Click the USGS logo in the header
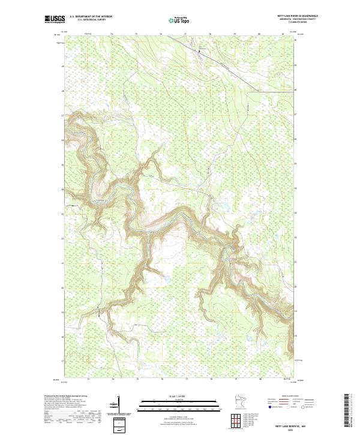click(55, 19)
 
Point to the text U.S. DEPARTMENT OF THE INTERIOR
click(91, 16)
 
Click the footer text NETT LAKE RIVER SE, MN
click(290, 424)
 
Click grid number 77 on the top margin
click(186, 34)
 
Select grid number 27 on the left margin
click(62, 115)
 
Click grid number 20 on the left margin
click(62, 287)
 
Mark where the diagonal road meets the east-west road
click(259, 91)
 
